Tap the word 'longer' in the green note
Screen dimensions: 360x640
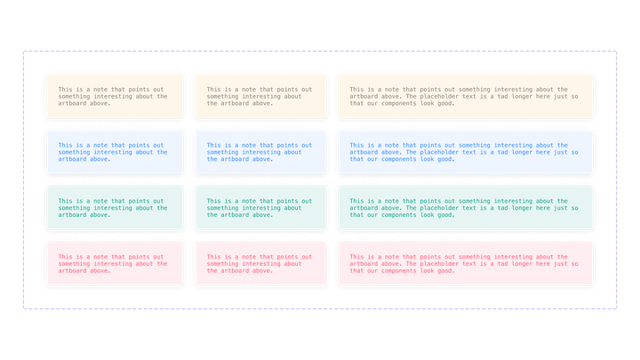[x=517, y=208]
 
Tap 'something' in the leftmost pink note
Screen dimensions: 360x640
[x=75, y=264]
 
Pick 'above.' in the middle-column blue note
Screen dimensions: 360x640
[x=260, y=159]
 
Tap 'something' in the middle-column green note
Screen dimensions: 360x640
[x=223, y=208]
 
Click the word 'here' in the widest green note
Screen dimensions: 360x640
[x=542, y=208]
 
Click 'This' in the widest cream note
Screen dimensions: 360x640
[x=357, y=89]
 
